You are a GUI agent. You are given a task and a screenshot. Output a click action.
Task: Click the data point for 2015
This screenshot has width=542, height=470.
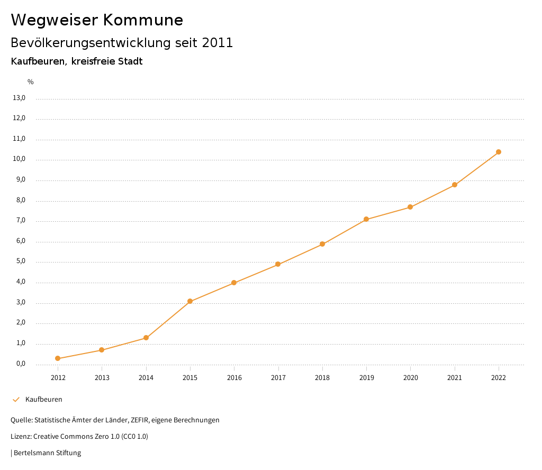coord(190,302)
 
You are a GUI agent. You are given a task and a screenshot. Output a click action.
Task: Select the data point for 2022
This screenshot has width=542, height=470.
coord(499,152)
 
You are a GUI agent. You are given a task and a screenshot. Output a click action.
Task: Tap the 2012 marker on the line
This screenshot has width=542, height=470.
coord(58,359)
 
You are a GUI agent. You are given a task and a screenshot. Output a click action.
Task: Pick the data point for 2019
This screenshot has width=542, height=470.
coord(366,219)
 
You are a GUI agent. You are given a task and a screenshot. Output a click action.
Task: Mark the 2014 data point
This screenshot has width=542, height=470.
coord(146,338)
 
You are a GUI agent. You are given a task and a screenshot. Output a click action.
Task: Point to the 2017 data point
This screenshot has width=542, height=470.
coord(278,264)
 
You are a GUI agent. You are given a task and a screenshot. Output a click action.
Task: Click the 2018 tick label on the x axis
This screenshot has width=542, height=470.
coord(322,377)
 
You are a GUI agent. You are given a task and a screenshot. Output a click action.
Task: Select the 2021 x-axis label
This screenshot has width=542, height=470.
coord(455,377)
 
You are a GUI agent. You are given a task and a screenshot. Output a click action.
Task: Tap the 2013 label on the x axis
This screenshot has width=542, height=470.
coord(102,377)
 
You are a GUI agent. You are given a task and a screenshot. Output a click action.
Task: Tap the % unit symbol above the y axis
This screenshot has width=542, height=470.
coord(31,82)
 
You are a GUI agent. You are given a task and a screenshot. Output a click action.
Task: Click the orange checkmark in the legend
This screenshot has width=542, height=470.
coord(16,399)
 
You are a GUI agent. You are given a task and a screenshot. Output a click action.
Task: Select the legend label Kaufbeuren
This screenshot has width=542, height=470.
coord(44,399)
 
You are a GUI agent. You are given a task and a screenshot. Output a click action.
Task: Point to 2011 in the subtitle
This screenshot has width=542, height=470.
coord(218,43)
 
